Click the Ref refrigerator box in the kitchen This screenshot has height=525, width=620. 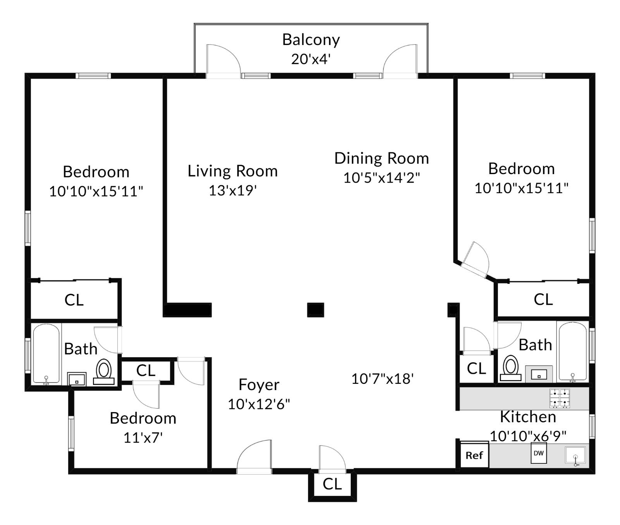pyautogui.click(x=474, y=455)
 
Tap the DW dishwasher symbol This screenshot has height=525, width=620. pyautogui.click(x=539, y=453)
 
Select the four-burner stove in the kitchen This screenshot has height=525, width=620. pyautogui.click(x=560, y=399)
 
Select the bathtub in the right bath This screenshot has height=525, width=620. pyautogui.click(x=572, y=352)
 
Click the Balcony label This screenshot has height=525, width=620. pyautogui.click(x=311, y=40)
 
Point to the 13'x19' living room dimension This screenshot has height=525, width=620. pyautogui.click(x=232, y=190)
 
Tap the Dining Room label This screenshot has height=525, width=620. pyautogui.click(x=381, y=158)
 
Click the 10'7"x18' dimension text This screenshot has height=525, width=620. pyautogui.click(x=382, y=379)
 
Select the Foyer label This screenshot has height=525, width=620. pyautogui.click(x=259, y=385)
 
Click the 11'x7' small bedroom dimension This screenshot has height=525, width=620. pyautogui.click(x=143, y=438)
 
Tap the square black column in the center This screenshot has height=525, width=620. pyautogui.click(x=315, y=310)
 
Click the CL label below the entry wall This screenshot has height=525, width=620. pyautogui.click(x=332, y=484)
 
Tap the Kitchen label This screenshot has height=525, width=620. pyautogui.click(x=528, y=417)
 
